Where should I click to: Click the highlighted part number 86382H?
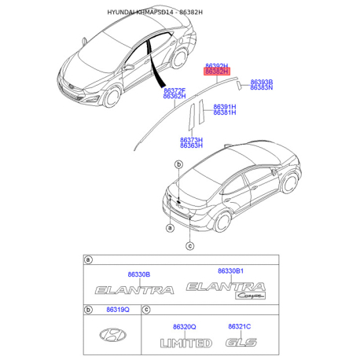click(x=216, y=72)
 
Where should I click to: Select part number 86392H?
click(x=216, y=66)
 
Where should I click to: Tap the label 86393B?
click(x=262, y=82)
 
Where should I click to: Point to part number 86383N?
click(x=262, y=88)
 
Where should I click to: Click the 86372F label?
click(x=174, y=90)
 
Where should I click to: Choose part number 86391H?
click(x=224, y=106)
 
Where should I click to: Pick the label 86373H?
click(x=191, y=140)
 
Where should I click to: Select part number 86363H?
click(x=191, y=146)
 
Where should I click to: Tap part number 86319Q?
click(x=116, y=312)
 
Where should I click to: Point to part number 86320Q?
click(x=186, y=326)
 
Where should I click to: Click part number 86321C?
click(x=239, y=326)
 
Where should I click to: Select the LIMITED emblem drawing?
click(x=186, y=343)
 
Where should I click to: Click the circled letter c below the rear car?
click(x=189, y=246)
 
